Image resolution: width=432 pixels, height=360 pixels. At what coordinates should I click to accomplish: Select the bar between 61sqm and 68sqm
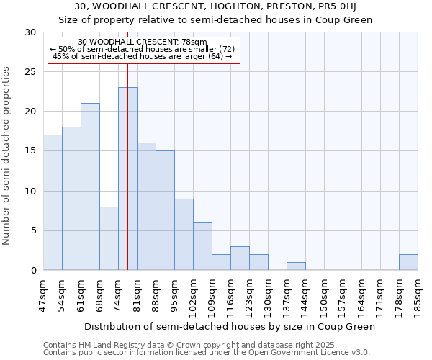pyautogui.click(x=90, y=186)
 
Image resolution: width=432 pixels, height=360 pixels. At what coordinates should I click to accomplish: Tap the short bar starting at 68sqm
pyautogui.click(x=109, y=238)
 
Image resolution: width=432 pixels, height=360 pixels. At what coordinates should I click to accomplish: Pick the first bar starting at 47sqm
pyautogui.click(x=53, y=202)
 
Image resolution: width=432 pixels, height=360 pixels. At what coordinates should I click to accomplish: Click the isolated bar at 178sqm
pyautogui.click(x=408, y=263)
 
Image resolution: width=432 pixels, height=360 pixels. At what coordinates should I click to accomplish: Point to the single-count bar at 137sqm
pyautogui.click(x=296, y=266)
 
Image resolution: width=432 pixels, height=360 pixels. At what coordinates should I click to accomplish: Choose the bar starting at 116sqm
pyautogui.click(x=240, y=258)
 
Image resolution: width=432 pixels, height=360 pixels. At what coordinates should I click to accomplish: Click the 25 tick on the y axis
pyautogui.click(x=30, y=72)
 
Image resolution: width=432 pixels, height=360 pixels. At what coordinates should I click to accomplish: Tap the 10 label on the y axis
pyautogui.click(x=30, y=192)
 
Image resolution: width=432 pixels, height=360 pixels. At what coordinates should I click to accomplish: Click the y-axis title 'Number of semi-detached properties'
pyautogui.click(x=7, y=156)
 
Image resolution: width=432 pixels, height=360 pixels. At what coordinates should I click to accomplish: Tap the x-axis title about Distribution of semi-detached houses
pyautogui.click(x=230, y=327)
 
